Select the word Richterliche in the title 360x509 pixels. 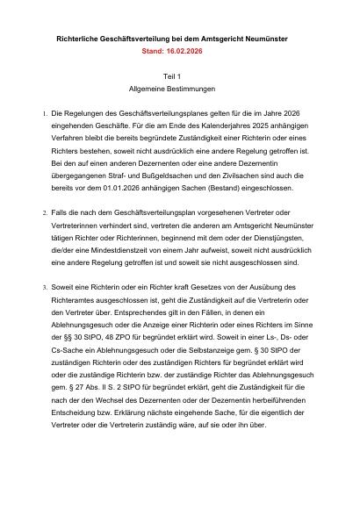tap(81, 40)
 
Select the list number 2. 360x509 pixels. tap(44, 213)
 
